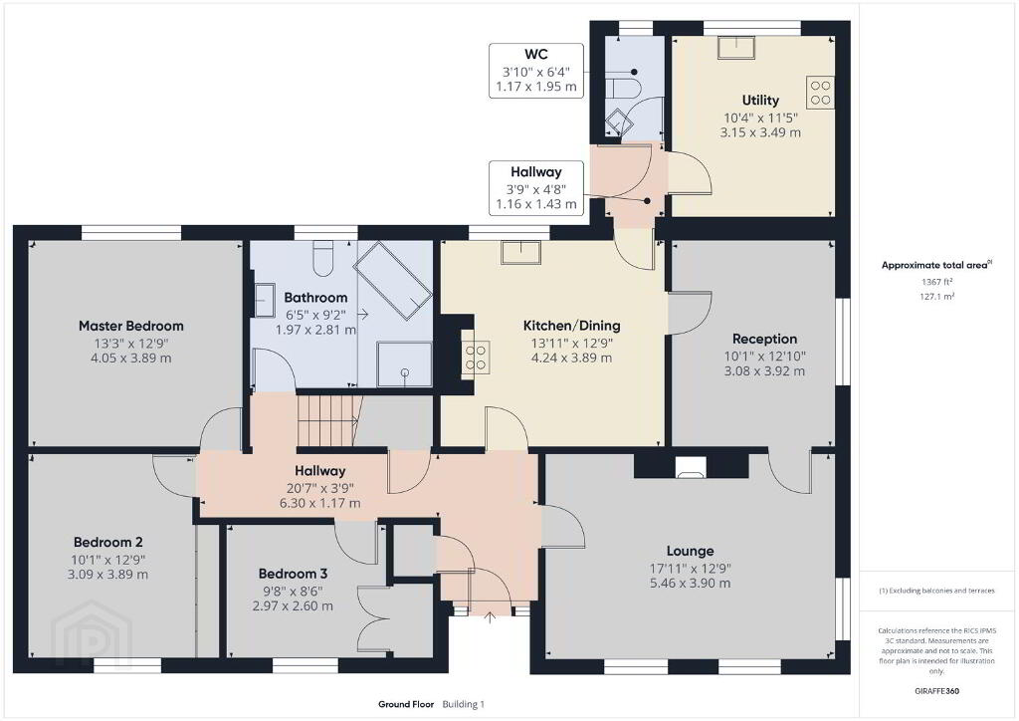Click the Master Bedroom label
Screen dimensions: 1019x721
[x=131, y=326]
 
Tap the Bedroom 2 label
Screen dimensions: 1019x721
[x=107, y=542]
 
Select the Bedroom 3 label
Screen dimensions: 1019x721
[x=293, y=574]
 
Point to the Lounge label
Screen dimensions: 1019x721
[x=691, y=552]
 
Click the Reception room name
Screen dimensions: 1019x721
[x=764, y=339]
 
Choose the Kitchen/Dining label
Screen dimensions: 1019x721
[x=572, y=326]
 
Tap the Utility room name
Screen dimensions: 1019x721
[x=760, y=101]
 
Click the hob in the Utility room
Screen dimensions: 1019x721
[x=821, y=92]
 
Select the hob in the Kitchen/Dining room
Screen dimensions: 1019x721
[x=475, y=357]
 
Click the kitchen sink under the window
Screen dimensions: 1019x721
[x=521, y=252]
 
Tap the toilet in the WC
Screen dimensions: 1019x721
[x=623, y=89]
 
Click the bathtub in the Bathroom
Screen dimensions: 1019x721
[x=393, y=280]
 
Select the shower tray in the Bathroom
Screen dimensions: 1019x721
[x=404, y=363]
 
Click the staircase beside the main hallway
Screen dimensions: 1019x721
[x=328, y=420]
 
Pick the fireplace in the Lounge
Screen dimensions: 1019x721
[x=691, y=467]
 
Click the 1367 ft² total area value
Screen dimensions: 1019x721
[x=936, y=282]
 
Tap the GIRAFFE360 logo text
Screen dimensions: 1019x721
[x=936, y=691]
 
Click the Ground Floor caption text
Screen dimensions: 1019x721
[x=406, y=704]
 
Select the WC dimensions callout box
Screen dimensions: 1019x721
[x=536, y=71]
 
